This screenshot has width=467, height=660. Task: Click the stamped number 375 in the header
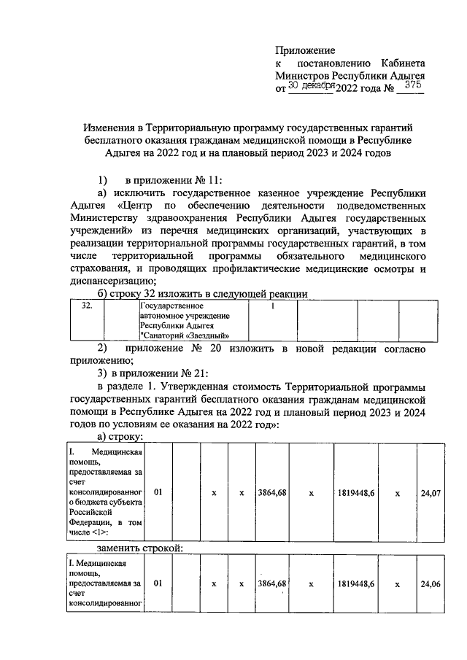pos(413,85)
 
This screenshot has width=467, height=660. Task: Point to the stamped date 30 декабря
pos(311,86)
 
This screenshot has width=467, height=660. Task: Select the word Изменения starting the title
pos(111,128)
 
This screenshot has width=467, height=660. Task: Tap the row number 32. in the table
pos(86,306)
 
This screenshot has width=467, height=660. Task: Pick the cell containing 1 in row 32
pos(273,306)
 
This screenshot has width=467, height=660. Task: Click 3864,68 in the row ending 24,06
pos(271,583)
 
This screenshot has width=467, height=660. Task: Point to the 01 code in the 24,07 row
pos(158,492)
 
